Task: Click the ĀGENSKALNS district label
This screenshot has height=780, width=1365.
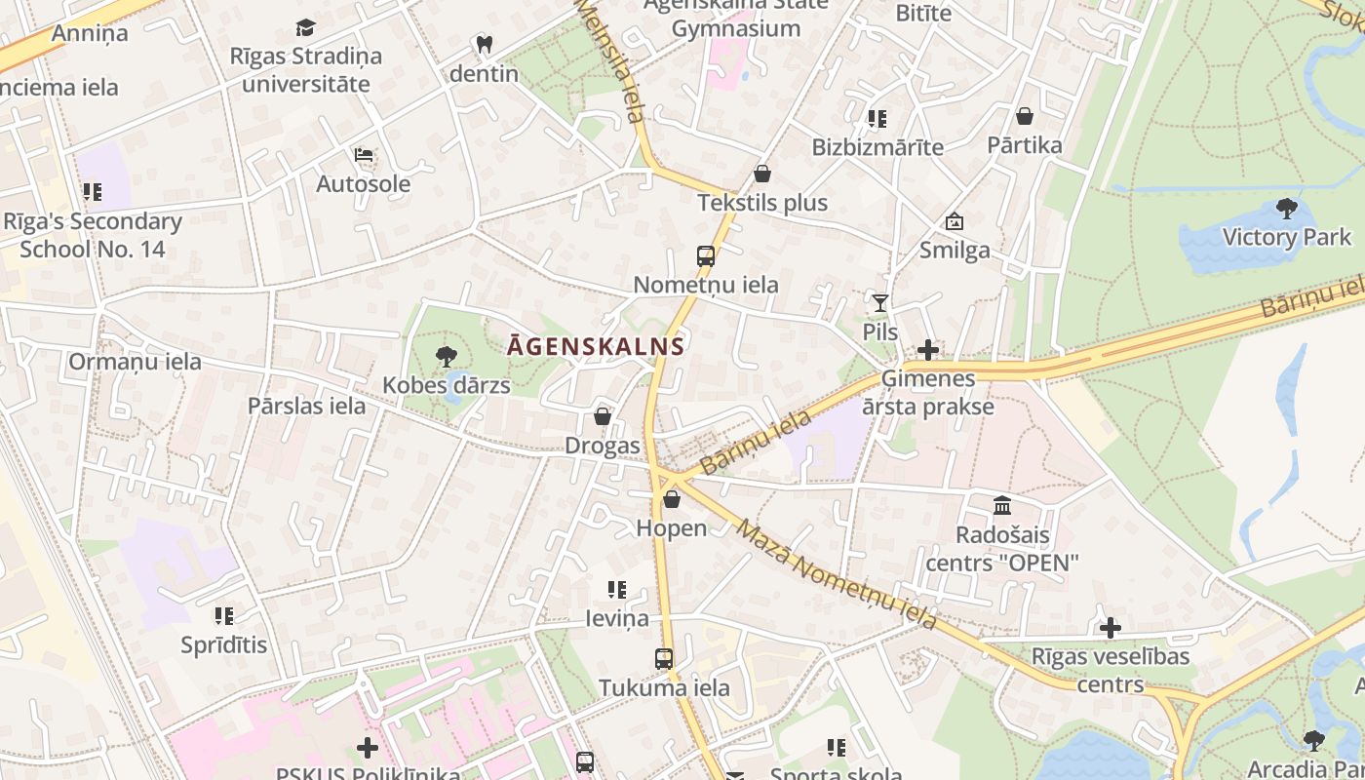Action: [x=596, y=345]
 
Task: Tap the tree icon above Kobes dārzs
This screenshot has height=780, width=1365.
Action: [x=447, y=357]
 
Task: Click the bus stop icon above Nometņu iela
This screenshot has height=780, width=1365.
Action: [x=706, y=256]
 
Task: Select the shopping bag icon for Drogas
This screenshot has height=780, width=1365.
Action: [x=603, y=417]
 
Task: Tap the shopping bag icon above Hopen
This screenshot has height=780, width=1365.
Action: [x=672, y=499]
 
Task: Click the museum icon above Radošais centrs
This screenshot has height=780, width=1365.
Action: [x=1002, y=505]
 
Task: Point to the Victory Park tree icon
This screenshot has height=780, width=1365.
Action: [x=1286, y=208]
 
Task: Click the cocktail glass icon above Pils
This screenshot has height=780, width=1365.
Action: [x=880, y=302]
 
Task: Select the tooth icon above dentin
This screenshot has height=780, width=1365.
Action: [x=484, y=44]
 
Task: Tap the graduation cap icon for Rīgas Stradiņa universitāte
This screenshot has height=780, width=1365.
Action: [x=306, y=27]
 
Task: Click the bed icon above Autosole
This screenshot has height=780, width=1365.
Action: [x=364, y=155]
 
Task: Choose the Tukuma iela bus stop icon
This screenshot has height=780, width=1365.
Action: [x=664, y=659]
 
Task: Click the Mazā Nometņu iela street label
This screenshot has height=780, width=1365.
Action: [x=837, y=574]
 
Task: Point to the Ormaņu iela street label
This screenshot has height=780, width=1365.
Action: [x=135, y=362]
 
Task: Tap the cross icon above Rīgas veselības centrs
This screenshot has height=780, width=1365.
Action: [x=1111, y=628]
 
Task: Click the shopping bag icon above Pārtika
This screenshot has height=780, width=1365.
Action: [x=1025, y=116]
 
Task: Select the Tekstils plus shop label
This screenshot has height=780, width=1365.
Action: [x=762, y=203]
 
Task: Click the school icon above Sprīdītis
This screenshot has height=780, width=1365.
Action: [x=224, y=616]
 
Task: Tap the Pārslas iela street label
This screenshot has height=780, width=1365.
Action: [x=306, y=406]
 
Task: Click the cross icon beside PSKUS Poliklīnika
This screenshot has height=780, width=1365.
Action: [x=368, y=748]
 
